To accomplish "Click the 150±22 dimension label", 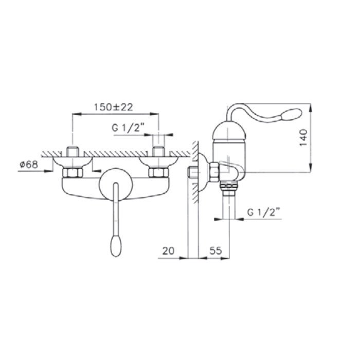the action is [114, 107].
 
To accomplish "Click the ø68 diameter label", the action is [29, 165].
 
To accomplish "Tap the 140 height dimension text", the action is [303, 137].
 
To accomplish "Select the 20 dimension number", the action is [168, 251].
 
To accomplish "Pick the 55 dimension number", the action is [215, 250].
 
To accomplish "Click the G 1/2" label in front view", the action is [128, 128].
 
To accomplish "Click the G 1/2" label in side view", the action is [263, 212].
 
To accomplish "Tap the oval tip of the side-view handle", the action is [291, 114].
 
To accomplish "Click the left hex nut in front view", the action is [73, 172].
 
